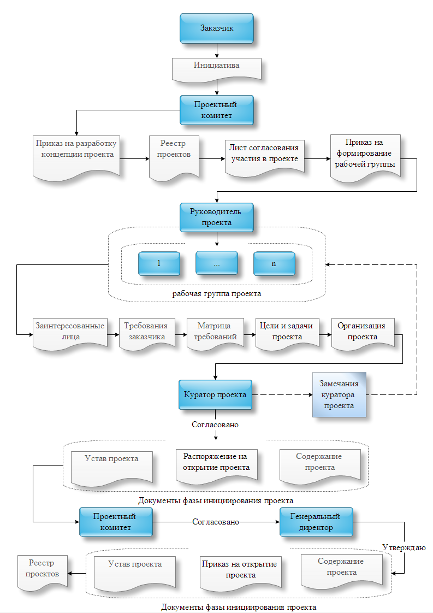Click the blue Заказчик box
pos(217,28)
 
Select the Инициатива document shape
pos(217,67)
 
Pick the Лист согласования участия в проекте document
pos(264,155)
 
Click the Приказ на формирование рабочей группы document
pos(365,155)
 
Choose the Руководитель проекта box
pos(217,217)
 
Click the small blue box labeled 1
pos(159,263)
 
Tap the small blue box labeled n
pos(274,263)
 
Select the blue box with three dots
pos(217,263)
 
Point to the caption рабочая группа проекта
pos(217,293)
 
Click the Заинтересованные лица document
pos(70,332)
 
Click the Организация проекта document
pos(361,332)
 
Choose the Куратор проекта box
pos(216,395)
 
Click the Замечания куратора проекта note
pos(339,395)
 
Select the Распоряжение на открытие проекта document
pos(217,463)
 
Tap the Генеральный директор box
pos(316,522)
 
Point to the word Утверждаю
pos(404,547)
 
